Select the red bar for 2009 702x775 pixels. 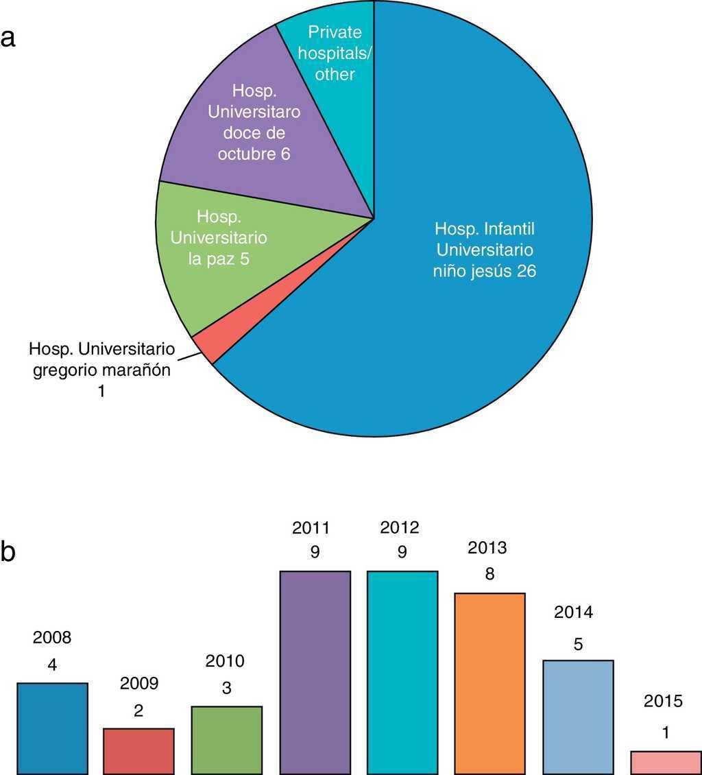click(x=138, y=751)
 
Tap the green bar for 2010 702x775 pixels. click(x=227, y=740)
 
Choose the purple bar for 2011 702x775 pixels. click(x=315, y=672)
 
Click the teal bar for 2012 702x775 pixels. click(x=402, y=672)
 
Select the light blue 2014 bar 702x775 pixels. click(x=577, y=717)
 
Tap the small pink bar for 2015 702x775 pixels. click(x=664, y=762)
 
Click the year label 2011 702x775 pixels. click(x=315, y=528)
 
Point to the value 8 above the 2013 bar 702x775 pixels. click(x=489, y=573)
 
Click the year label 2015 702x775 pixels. click(x=664, y=701)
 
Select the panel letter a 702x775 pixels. click(x=9, y=38)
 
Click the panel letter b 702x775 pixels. click(x=9, y=552)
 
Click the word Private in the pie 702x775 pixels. click(x=335, y=32)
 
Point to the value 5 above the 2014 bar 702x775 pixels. click(x=577, y=645)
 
